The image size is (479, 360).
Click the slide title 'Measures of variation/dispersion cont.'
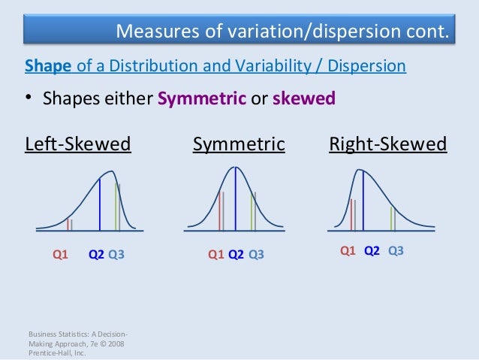coord(284,31)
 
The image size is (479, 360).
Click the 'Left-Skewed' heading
coord(78,144)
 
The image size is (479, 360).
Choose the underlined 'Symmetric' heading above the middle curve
coord(239,144)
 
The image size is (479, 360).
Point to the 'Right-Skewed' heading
coord(387,144)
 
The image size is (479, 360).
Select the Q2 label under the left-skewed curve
coord(96,254)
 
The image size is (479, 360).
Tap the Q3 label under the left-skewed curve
coord(116,254)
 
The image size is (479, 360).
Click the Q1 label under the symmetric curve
coord(215,254)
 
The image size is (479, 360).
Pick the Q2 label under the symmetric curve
coord(236,254)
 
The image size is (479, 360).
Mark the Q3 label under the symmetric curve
coord(256,254)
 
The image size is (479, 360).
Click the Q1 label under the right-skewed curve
coord(348,250)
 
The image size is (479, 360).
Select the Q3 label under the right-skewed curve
coord(396,250)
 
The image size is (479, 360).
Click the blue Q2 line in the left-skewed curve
coord(100,203)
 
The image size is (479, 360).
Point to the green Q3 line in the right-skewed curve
coord(391,217)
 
